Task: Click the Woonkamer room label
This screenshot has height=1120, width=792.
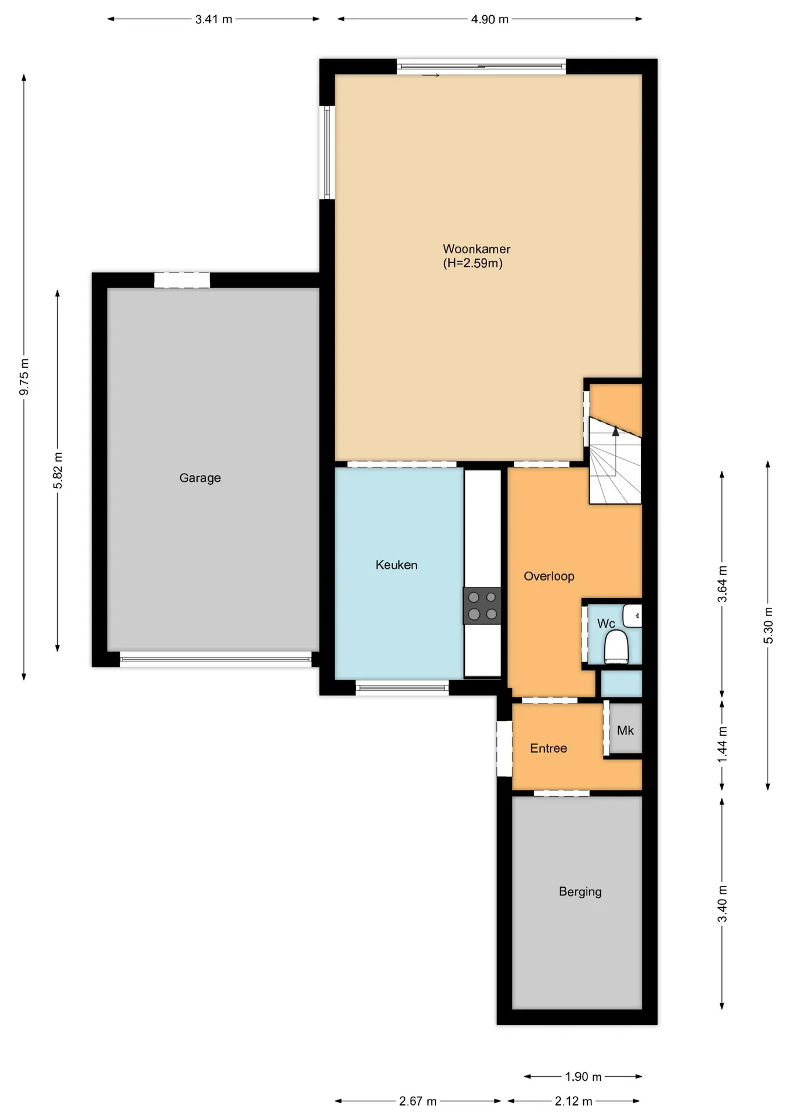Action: [x=476, y=249]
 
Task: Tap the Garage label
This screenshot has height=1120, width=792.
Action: [x=200, y=478]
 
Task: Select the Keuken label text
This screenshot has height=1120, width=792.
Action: [x=397, y=565]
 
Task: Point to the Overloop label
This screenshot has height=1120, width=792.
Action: [x=549, y=576]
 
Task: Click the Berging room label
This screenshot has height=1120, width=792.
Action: [x=580, y=892]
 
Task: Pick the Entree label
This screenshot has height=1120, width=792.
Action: [x=548, y=748]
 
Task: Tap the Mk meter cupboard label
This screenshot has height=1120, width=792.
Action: [x=625, y=730]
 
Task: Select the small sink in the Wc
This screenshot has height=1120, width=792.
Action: [x=632, y=615]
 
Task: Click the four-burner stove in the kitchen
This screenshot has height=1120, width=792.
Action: [x=482, y=605]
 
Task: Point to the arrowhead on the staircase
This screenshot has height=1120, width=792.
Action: [x=615, y=432]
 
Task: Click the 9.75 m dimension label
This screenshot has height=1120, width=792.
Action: [x=24, y=377]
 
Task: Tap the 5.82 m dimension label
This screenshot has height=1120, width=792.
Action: [x=58, y=470]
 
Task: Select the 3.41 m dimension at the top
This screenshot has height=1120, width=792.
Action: [x=213, y=19]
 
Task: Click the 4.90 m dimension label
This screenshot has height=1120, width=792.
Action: [x=490, y=19]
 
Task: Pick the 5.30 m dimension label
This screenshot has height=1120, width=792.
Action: [x=768, y=625]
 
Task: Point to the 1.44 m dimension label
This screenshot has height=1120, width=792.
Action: [x=722, y=744]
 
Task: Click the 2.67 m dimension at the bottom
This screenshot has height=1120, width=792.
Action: [x=418, y=1101]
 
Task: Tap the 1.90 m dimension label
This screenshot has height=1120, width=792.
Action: [x=583, y=1077]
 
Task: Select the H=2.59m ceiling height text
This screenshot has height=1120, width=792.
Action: [x=473, y=263]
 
